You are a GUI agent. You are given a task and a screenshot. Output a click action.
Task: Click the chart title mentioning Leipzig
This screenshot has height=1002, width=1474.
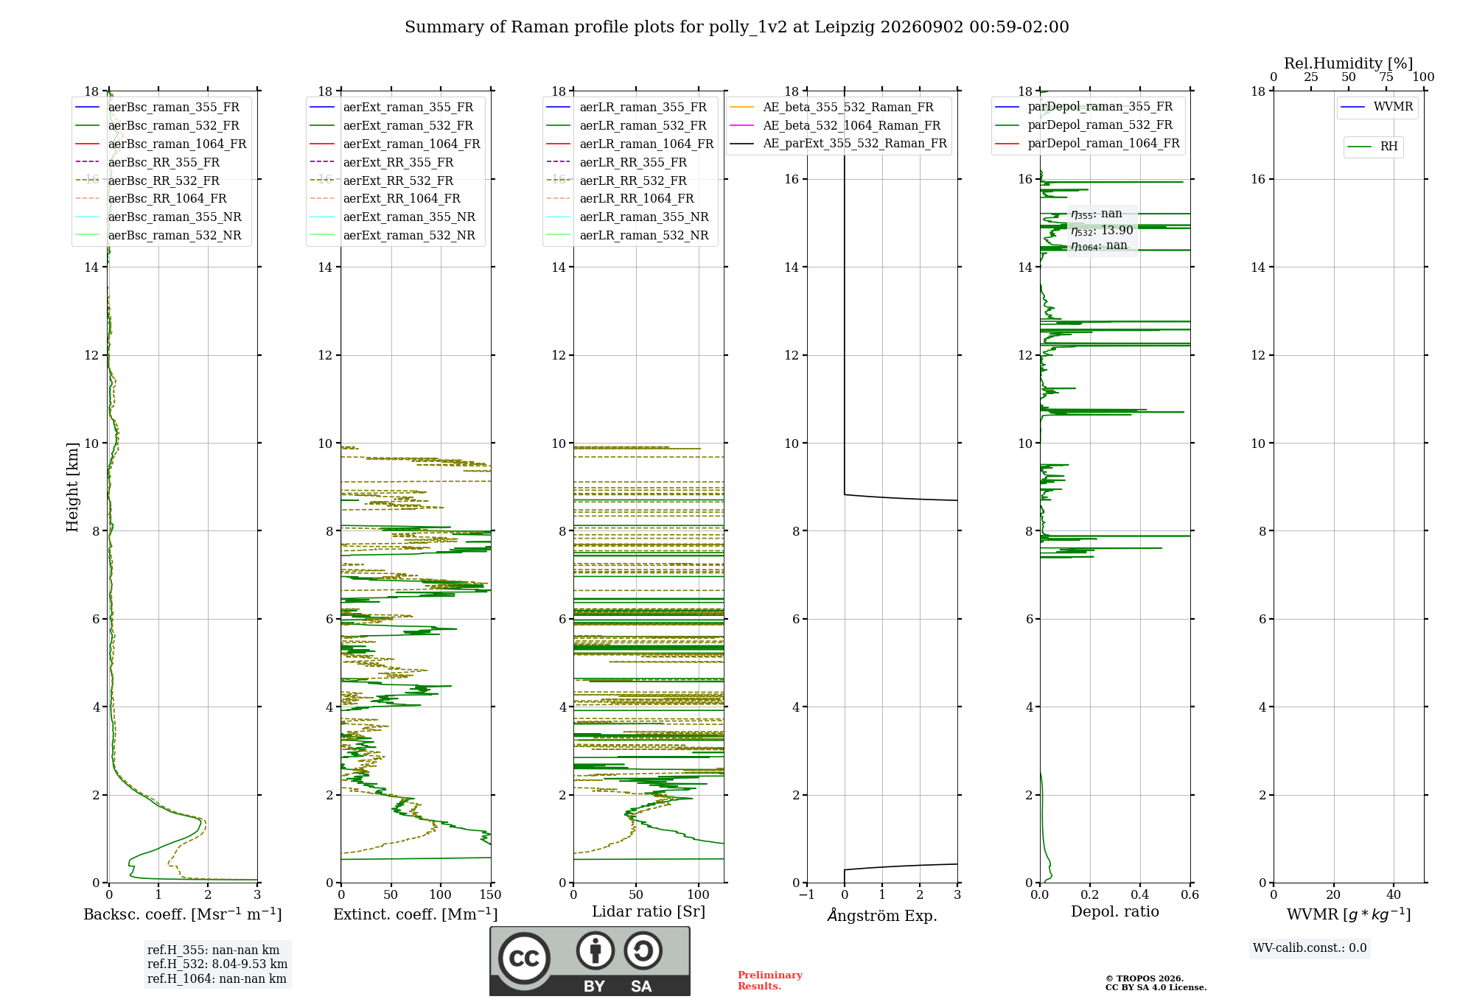[737, 27]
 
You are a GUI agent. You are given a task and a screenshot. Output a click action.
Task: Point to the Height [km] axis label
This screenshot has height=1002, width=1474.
[72, 487]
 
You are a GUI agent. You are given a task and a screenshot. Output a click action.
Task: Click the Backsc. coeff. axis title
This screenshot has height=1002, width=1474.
[183, 914]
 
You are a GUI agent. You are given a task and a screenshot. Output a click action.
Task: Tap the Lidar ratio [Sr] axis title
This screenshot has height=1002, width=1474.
[649, 911]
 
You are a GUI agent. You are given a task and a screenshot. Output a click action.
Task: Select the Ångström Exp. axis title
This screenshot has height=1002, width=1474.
[882, 915]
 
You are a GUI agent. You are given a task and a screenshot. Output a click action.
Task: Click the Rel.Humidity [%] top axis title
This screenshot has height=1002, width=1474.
[1349, 63]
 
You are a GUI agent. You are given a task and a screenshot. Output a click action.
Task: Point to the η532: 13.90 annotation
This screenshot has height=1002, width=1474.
[1102, 231]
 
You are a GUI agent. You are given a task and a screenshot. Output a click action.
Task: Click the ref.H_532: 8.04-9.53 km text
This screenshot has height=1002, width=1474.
[217, 964]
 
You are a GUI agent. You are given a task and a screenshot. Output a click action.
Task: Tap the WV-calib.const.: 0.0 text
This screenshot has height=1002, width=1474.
[1310, 948]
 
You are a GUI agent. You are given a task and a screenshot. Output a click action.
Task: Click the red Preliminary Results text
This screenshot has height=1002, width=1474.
[770, 981]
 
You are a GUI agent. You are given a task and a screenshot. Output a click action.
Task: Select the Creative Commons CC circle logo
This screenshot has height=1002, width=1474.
[524, 959]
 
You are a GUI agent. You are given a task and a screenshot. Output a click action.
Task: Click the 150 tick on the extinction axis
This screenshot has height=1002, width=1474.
[490, 895]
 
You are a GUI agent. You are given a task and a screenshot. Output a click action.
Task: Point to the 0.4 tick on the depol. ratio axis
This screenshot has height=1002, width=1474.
[1140, 895]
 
